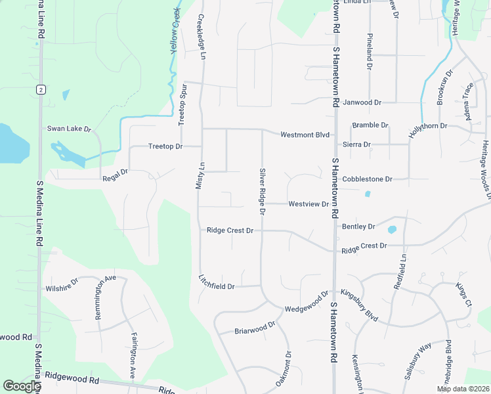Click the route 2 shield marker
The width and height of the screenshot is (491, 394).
click(x=41, y=89)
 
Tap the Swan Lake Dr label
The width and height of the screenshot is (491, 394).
click(x=68, y=129)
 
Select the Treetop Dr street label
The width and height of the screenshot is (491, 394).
click(x=165, y=146)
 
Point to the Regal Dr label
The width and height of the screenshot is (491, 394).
click(x=115, y=179)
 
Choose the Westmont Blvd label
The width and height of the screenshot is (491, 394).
click(x=305, y=135)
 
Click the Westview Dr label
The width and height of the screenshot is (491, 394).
click(x=309, y=204)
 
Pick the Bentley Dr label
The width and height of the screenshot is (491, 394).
click(x=358, y=227)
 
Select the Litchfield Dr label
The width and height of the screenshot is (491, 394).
click(x=216, y=282)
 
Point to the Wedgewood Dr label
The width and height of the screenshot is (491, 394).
click(x=306, y=303)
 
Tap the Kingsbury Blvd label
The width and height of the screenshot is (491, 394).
click(x=359, y=305)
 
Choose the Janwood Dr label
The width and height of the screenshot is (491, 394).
click(x=362, y=103)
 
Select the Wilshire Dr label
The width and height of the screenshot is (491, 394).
click(x=62, y=287)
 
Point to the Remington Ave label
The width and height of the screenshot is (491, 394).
click(x=105, y=297)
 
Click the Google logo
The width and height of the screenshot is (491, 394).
click(x=22, y=386)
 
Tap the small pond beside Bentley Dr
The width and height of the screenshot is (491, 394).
click(x=392, y=230)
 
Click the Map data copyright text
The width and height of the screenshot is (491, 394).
click(x=462, y=389)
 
